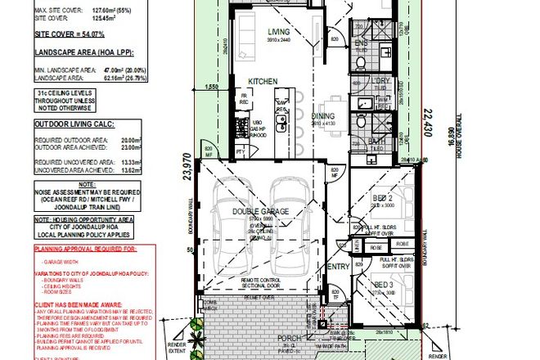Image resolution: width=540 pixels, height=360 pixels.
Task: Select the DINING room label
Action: coord(323,116)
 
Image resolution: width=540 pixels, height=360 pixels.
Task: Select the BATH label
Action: coord(377,142)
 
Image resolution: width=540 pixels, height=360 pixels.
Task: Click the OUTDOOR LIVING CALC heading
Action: coord(72,125)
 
